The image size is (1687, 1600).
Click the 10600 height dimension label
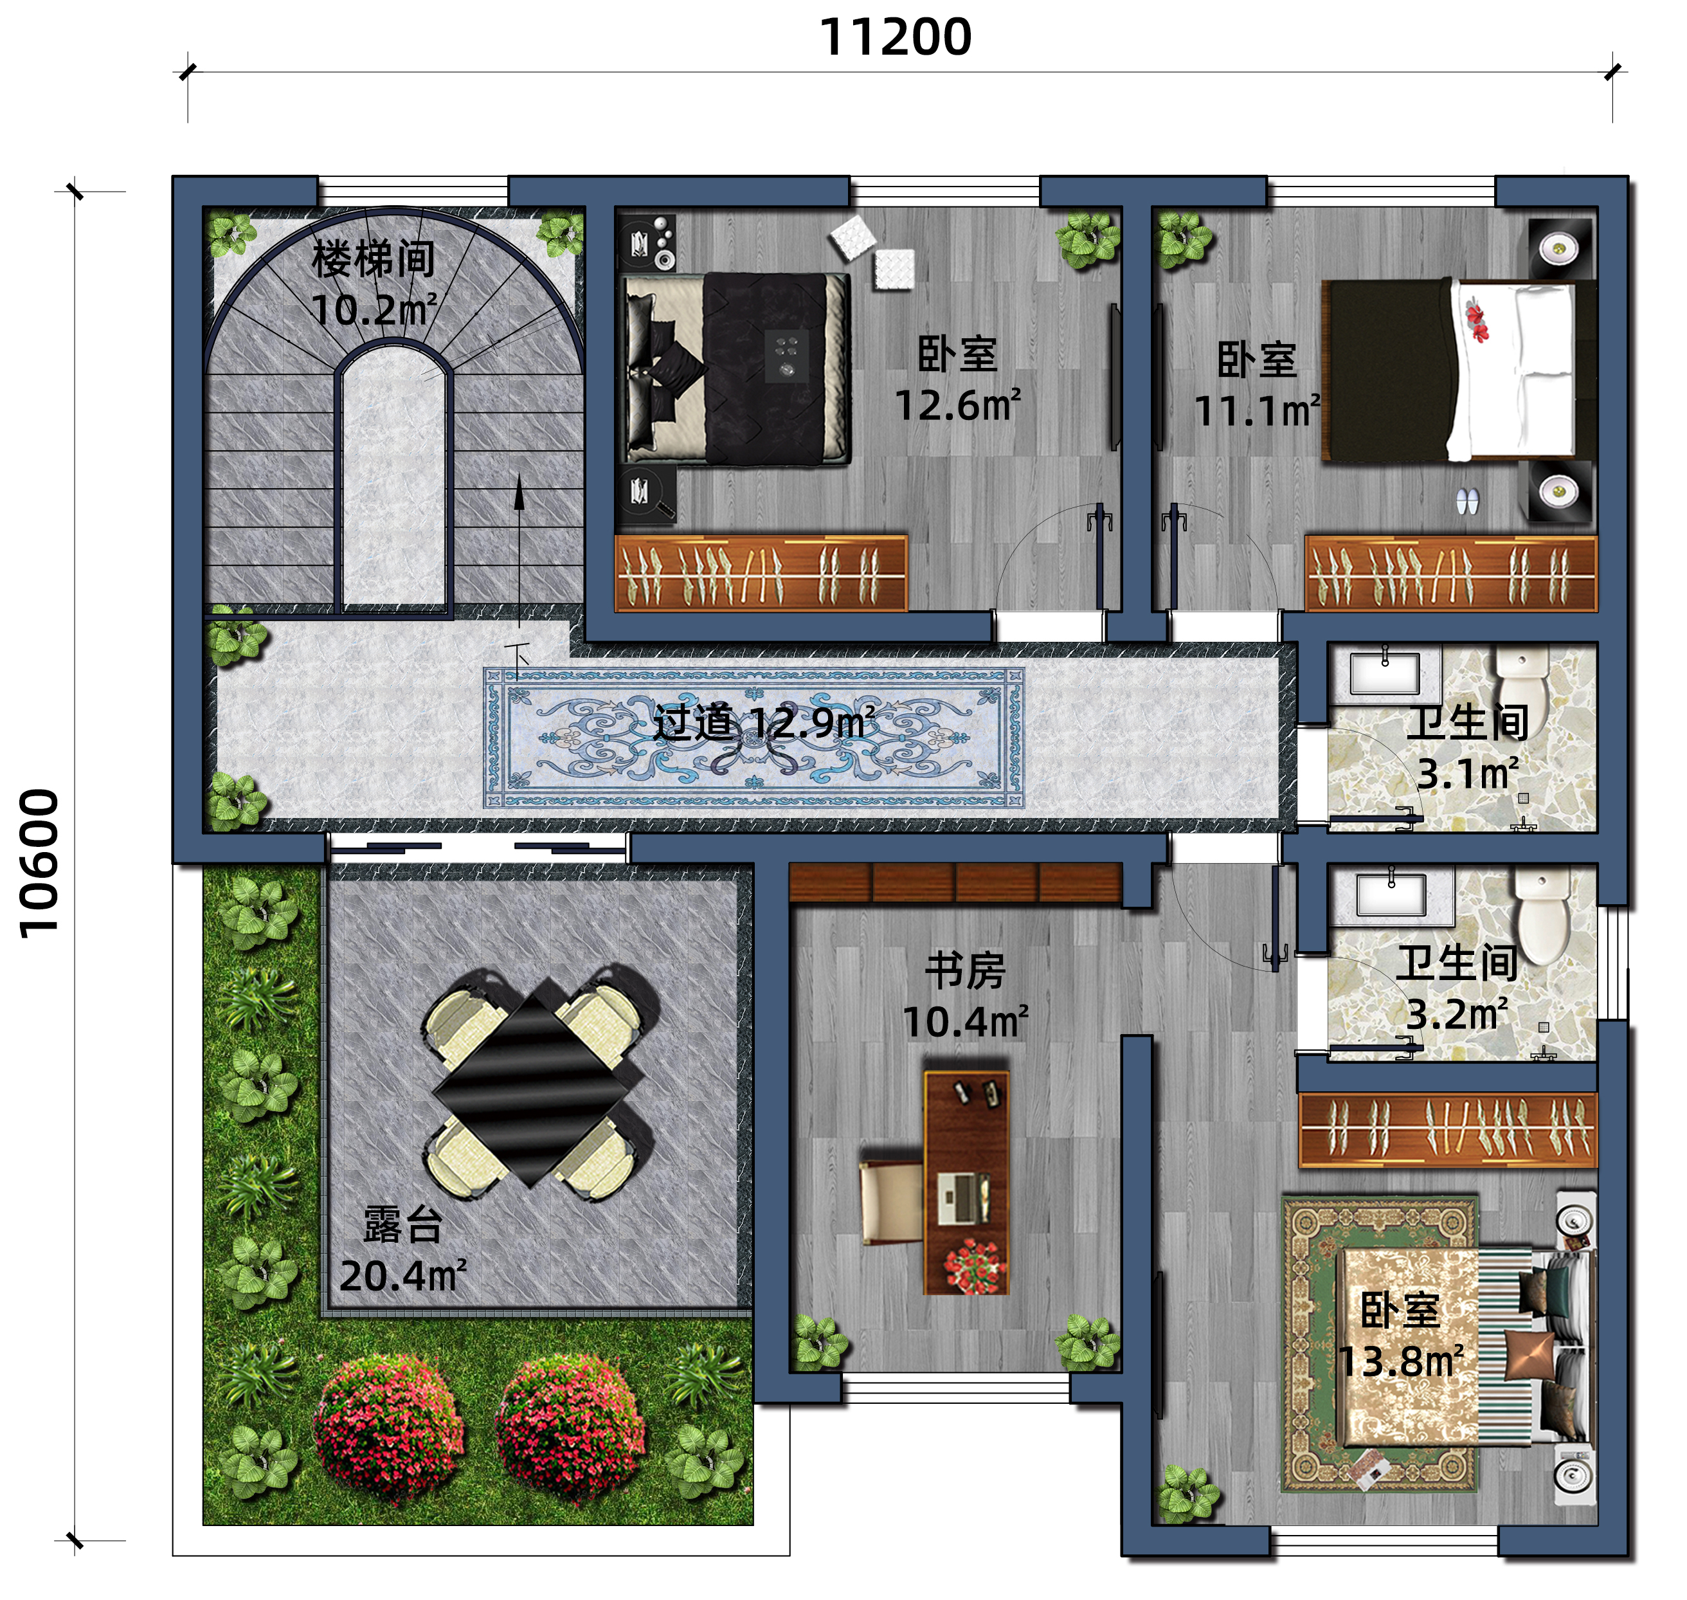coord(39,863)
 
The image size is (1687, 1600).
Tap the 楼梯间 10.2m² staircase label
coord(374,284)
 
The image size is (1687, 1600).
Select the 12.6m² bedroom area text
coord(957,406)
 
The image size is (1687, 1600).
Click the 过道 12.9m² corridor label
coord(763,723)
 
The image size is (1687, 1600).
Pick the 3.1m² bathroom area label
coord(1467,774)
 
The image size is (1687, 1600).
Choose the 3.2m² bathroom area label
coord(1457,1014)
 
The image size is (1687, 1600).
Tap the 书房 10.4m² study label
coord(965,996)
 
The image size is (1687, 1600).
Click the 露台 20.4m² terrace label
coord(402,1250)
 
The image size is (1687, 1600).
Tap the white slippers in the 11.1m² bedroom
coord(1468,500)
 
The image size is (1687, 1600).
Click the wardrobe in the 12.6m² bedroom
coord(761,573)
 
